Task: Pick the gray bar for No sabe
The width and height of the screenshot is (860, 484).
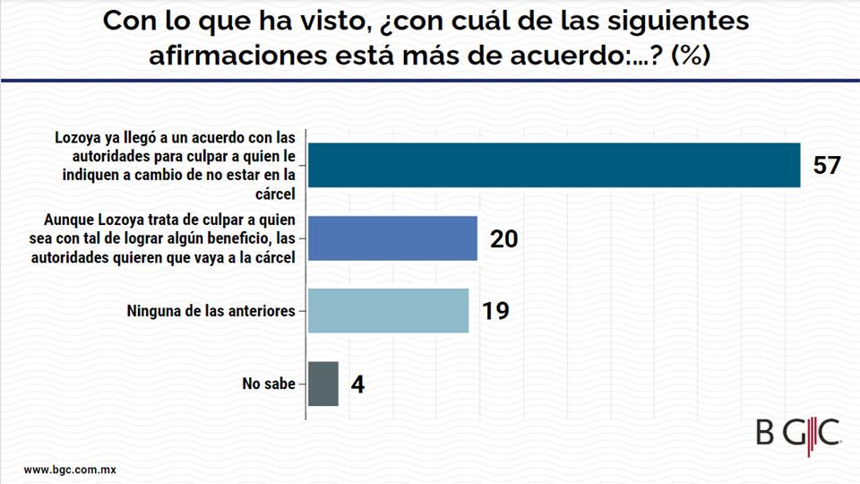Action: tap(323, 384)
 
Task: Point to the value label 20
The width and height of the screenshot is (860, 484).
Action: tap(504, 238)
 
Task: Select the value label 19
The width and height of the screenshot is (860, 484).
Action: tap(495, 311)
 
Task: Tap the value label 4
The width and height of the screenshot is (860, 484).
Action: tap(357, 385)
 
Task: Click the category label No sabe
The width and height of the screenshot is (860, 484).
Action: tap(268, 385)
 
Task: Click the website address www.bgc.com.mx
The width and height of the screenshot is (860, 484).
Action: tap(71, 470)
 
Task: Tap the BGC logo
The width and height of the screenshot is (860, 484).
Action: tap(797, 431)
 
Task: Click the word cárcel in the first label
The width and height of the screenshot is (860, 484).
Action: tap(277, 193)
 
